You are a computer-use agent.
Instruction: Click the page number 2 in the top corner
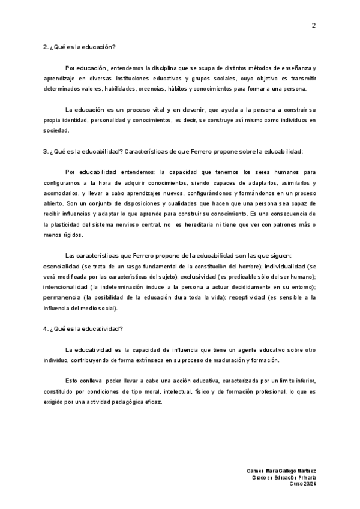coord(313,25)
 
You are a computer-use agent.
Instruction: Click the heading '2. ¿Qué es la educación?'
coord(80,47)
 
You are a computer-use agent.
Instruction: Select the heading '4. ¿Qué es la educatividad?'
coord(83,328)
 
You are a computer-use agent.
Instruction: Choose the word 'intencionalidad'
coord(64,288)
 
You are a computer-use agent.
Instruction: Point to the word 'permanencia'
coord(62,298)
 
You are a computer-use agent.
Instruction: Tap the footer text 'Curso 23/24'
coord(302,484)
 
